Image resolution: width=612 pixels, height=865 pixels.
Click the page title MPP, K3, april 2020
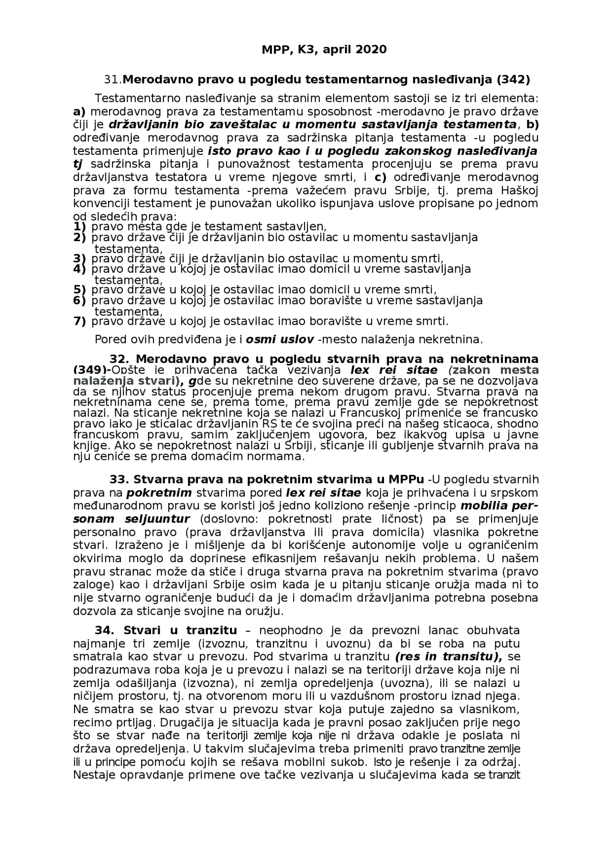coord(324,50)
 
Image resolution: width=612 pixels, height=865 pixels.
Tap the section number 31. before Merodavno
coord(113,79)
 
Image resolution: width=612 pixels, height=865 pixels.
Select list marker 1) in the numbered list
coord(79,226)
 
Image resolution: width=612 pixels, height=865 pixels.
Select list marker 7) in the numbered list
coord(79,321)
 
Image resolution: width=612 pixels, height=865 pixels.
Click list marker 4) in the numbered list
coord(79,269)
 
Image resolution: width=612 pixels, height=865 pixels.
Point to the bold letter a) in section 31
coord(79,112)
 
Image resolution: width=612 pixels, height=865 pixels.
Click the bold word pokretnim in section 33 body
coord(159,493)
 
